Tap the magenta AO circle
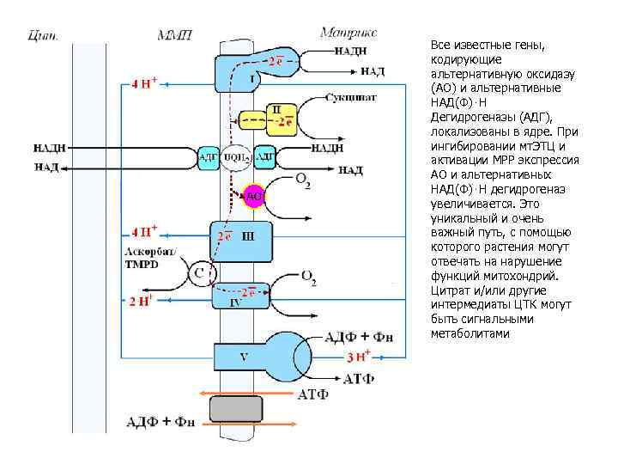pos(254,196)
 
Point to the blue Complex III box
pos(242,241)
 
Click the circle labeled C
pos(199,274)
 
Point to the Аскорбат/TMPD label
pos(149,257)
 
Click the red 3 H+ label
pos(358,356)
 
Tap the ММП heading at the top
pos(175,34)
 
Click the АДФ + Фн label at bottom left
pos(159,421)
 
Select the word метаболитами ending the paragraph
pos(470,333)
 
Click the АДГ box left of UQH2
pos(208,157)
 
